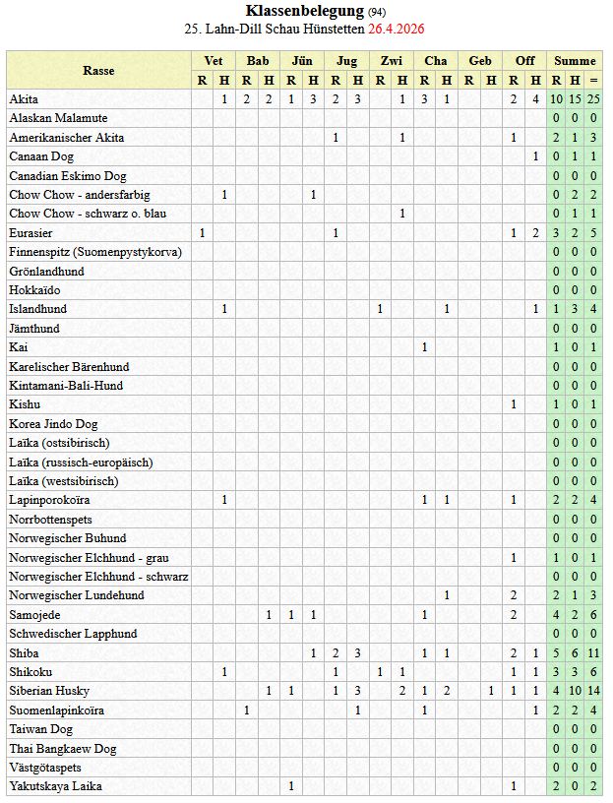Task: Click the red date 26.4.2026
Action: click(397, 29)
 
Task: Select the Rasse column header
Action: click(98, 71)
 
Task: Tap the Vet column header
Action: click(213, 61)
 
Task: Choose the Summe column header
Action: click(575, 61)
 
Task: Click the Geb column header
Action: click(480, 61)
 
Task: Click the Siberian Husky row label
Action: click(49, 691)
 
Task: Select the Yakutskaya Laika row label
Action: click(56, 786)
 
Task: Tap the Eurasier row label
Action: click(31, 233)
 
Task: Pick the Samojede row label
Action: click(35, 614)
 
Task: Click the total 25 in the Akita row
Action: click(593, 99)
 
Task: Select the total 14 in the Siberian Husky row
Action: click(593, 691)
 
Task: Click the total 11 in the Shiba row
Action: click(593, 652)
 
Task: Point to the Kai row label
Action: click(19, 347)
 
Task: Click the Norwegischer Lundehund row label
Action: click(77, 595)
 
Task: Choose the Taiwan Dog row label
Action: click(41, 729)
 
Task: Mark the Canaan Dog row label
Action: click(41, 156)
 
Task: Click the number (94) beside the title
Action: click(378, 12)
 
